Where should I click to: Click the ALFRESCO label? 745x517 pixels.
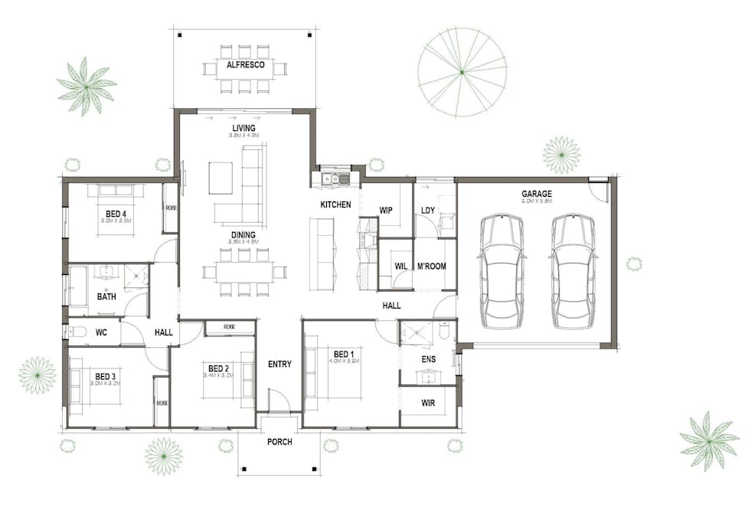(x=245, y=65)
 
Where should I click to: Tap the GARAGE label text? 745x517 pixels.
(x=537, y=194)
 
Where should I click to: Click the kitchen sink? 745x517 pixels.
(x=335, y=179)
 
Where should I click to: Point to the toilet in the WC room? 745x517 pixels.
(x=77, y=332)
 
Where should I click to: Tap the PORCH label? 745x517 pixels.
(x=279, y=442)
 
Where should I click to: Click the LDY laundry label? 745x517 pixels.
(x=428, y=210)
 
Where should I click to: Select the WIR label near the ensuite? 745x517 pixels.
(x=428, y=401)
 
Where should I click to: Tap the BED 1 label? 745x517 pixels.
(x=344, y=354)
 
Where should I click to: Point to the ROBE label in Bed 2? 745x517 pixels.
(x=230, y=327)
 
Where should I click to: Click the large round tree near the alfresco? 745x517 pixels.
(x=462, y=72)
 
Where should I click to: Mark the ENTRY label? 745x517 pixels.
(x=279, y=364)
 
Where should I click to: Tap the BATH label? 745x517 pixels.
(x=106, y=296)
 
